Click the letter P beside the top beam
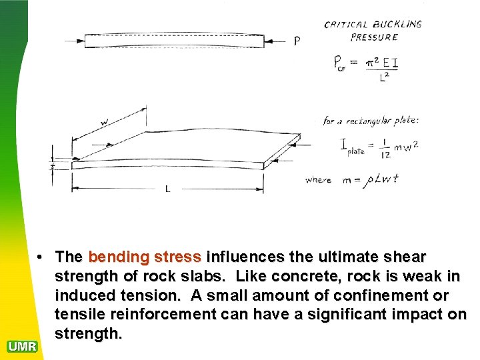tap(297, 41)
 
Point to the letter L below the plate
tap(167, 189)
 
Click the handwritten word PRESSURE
tap(374, 37)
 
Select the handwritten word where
tap(318, 179)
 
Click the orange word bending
tap(118, 257)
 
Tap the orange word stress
tap(177, 257)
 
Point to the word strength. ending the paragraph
tap(89, 333)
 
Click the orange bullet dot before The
tap(41, 257)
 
